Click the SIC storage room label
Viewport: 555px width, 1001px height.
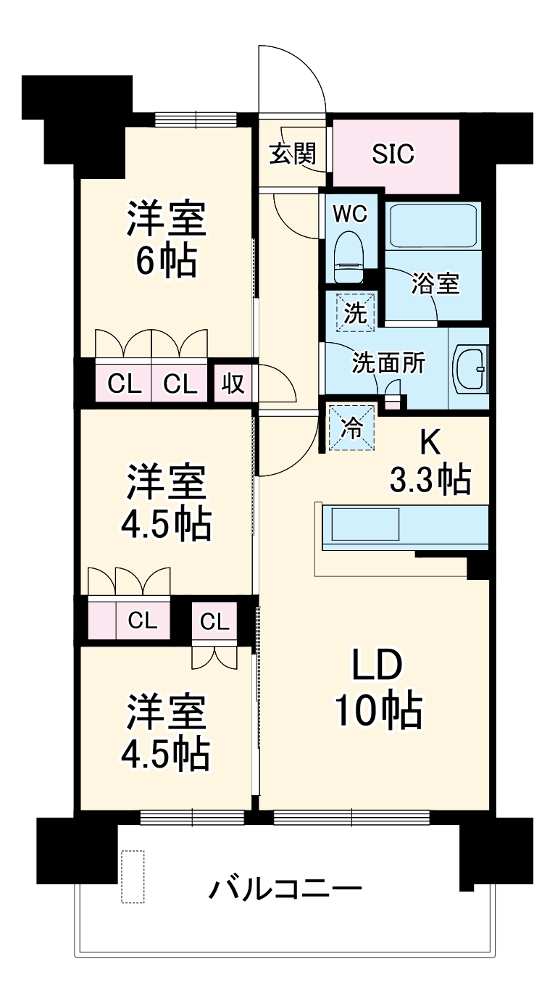(393, 154)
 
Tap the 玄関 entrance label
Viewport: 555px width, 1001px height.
(293, 154)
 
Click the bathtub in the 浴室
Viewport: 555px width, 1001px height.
(433, 227)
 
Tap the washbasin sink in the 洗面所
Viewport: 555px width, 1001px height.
(470, 370)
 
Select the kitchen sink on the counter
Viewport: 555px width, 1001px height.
(365, 524)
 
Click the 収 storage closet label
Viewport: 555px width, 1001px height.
(233, 383)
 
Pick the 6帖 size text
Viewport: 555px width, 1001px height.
(166, 263)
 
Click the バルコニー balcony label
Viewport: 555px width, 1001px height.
(285, 888)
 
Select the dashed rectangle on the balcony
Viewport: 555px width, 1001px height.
(133, 877)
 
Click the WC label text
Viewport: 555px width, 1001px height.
(349, 213)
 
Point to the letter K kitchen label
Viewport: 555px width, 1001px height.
(431, 441)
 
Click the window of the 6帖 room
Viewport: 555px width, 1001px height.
(196, 119)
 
